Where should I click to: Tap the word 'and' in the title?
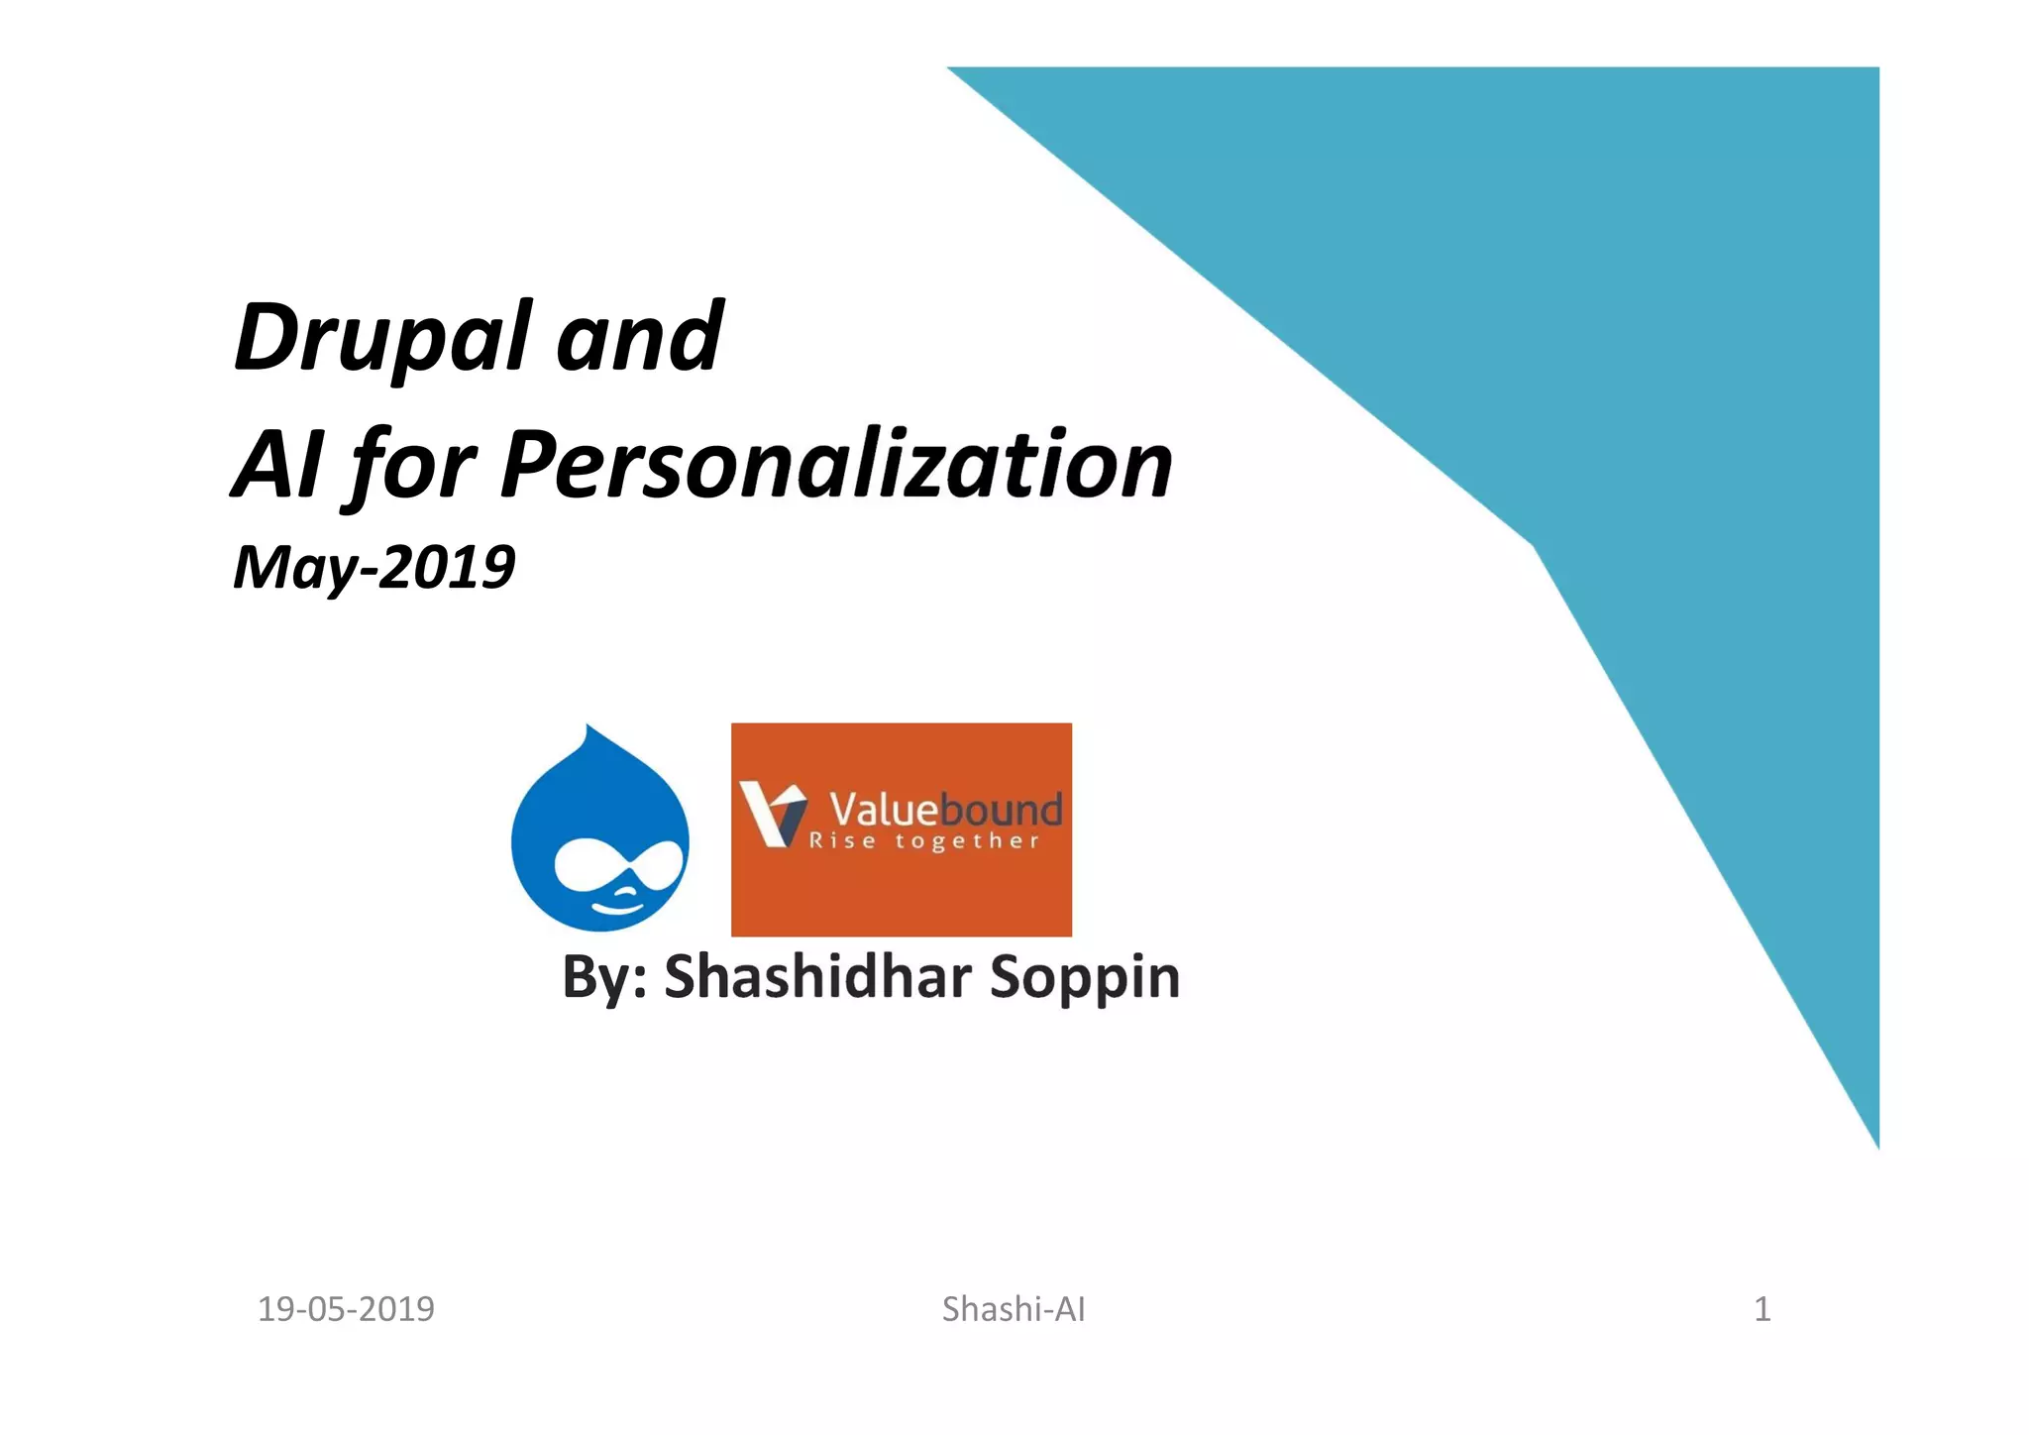639,338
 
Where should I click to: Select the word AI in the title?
277,464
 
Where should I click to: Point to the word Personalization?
836,464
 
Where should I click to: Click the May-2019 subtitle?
374,568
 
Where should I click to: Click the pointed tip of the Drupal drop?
588,728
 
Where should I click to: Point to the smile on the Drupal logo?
616,904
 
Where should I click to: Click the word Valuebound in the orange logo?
945,809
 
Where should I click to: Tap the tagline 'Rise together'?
924,841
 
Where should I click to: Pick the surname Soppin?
1085,976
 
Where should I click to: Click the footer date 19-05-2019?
346,1309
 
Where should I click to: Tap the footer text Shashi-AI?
1014,1309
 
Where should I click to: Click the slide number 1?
1762,1309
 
